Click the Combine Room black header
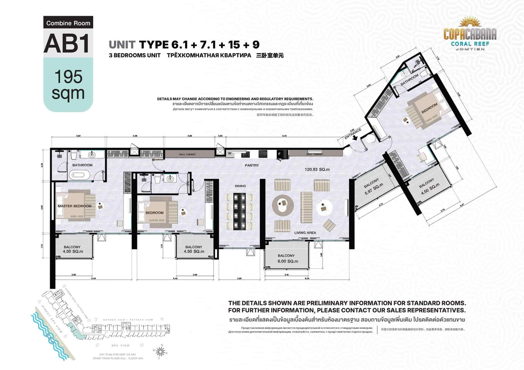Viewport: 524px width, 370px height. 68,23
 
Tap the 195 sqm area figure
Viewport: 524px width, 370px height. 68,85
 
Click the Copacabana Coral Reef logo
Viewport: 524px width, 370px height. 470,34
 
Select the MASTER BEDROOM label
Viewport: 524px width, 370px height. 75,206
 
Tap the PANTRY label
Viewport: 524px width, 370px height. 252,165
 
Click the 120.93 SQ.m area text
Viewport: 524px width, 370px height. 317,169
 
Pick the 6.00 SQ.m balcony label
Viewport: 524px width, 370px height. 288,261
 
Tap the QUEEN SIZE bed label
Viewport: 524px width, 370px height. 157,220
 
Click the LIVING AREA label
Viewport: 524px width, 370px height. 305,233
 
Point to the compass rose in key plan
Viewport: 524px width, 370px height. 160,352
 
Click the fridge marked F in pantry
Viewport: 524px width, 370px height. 280,154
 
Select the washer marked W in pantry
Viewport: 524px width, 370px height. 230,153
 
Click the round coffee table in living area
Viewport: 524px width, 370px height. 283,205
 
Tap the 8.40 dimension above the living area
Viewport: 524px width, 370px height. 284,136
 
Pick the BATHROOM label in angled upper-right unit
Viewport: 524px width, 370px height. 409,80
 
